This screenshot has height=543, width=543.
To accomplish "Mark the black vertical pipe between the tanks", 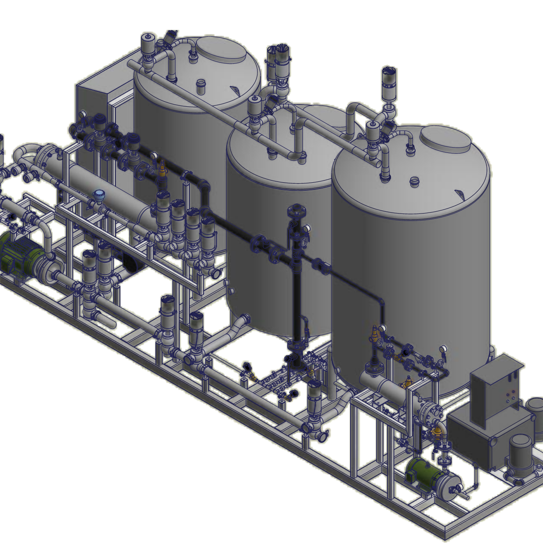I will [x=297, y=299].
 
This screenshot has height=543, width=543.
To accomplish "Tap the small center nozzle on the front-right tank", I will [x=414, y=181].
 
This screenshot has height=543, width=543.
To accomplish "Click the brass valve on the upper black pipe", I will [x=162, y=169].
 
